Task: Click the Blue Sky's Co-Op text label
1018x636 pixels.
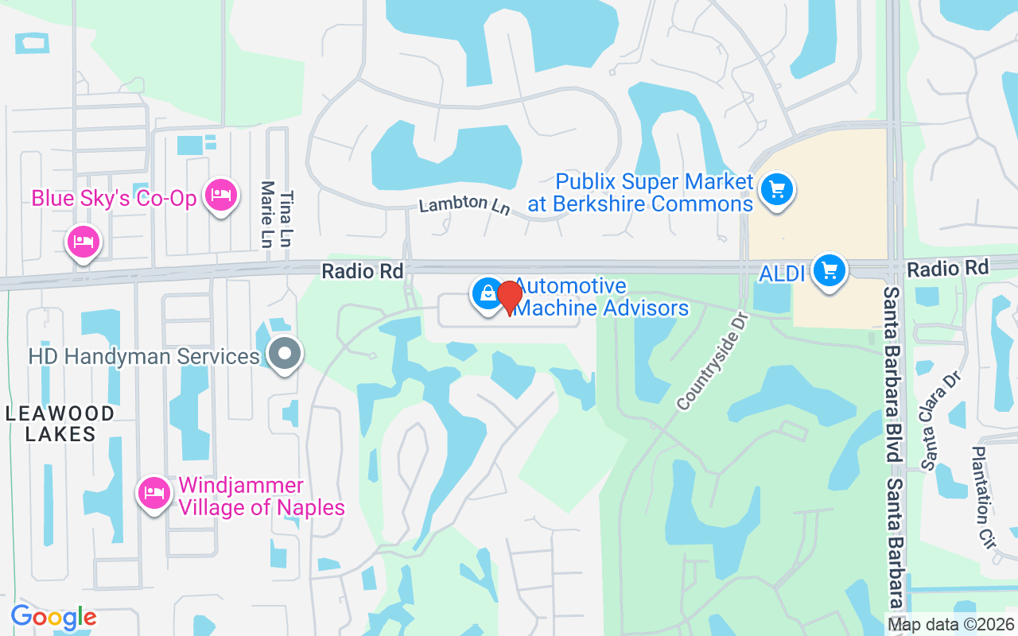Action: (x=114, y=198)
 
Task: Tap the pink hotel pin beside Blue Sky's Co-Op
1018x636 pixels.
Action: (x=220, y=195)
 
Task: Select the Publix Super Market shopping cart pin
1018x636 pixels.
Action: (x=777, y=189)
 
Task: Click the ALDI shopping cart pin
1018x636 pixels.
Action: (x=830, y=270)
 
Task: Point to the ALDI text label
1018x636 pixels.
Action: (x=781, y=274)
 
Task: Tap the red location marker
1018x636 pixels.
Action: (x=509, y=297)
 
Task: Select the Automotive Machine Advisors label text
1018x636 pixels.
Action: (x=600, y=297)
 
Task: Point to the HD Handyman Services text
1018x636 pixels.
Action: (x=144, y=356)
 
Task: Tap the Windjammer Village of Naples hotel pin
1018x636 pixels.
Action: (x=154, y=493)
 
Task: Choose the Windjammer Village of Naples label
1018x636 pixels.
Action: (x=262, y=496)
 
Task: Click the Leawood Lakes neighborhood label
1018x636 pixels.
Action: (x=60, y=424)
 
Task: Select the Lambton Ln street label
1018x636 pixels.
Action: (x=464, y=204)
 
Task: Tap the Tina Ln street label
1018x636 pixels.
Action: (x=287, y=219)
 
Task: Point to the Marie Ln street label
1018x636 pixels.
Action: (x=267, y=215)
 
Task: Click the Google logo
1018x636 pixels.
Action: (x=53, y=617)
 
